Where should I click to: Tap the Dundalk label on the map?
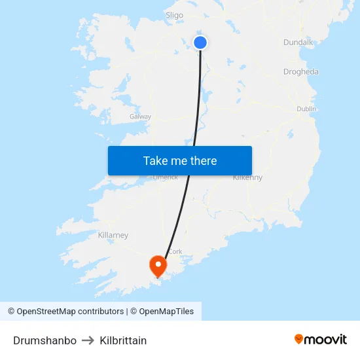point(298,43)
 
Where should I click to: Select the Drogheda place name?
point(300,72)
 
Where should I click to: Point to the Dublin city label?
point(306,109)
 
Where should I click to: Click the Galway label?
point(140,117)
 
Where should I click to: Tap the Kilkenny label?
point(247,177)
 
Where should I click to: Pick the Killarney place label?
point(113,235)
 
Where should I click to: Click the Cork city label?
point(175,251)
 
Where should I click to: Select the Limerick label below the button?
point(165,177)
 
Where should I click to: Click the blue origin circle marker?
point(200,43)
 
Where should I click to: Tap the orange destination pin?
point(158,265)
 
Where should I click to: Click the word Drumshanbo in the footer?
point(45,340)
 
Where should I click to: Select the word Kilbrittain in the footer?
point(123,340)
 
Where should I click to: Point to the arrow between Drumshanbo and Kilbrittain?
point(88,340)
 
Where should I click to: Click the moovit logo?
point(320,339)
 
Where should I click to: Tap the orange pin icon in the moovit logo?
point(299,339)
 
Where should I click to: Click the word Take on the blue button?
point(156,160)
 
